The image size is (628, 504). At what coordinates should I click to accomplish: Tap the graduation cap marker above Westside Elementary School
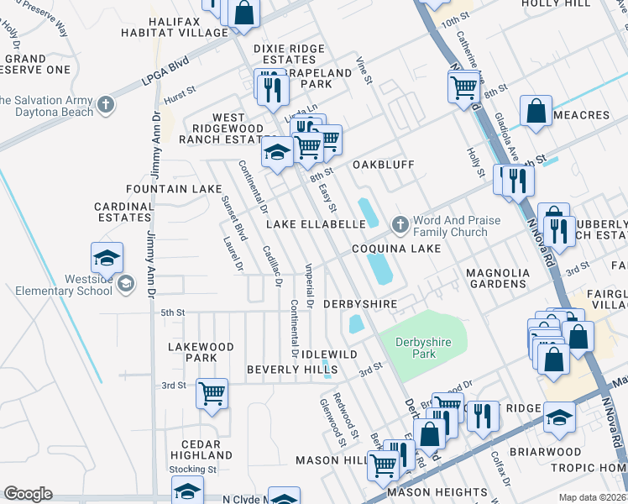(107, 260)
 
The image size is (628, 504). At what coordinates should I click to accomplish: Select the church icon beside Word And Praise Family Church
(400, 225)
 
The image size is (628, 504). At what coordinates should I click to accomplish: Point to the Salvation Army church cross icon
(105, 105)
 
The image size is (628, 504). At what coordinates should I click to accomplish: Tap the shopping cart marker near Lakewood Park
(212, 393)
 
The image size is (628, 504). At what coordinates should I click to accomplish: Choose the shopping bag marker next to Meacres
(535, 111)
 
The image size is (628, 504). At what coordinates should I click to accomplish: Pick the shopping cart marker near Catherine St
(463, 87)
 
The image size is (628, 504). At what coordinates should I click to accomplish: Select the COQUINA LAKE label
(395, 249)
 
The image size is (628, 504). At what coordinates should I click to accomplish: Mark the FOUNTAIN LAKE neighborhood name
(168, 190)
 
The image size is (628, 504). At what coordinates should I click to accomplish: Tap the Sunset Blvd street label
(233, 218)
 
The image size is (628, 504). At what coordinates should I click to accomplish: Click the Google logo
(28, 494)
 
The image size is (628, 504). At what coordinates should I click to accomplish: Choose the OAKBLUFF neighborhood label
(383, 165)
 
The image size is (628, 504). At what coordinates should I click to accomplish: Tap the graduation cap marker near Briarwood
(559, 417)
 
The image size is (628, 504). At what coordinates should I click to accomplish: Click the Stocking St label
(192, 470)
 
